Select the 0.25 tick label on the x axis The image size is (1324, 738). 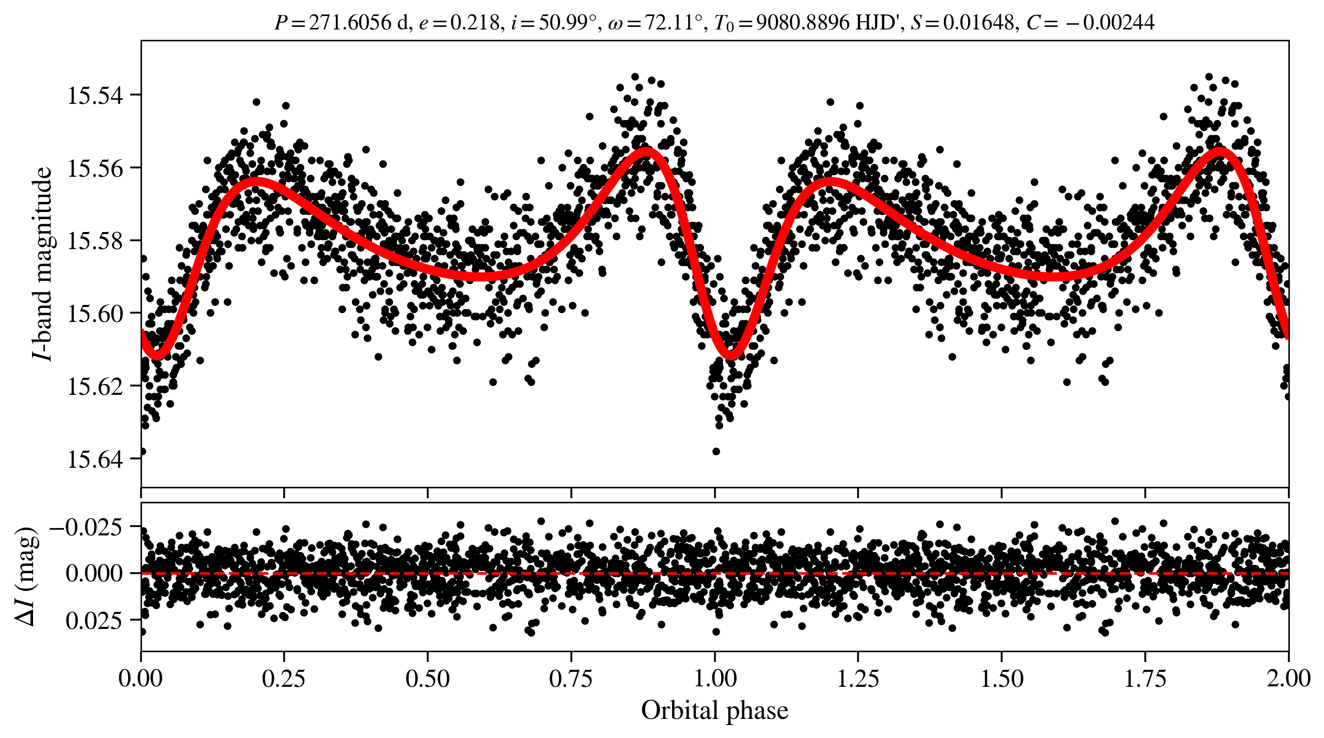tap(284, 679)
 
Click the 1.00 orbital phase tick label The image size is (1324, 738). tap(715, 679)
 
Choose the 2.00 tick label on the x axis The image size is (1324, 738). tap(1288, 679)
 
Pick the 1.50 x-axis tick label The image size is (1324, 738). tap(1002, 679)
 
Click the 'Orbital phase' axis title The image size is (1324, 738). tap(714, 711)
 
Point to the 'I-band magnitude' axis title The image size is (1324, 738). tap(42, 264)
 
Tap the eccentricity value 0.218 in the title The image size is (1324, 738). tap(475, 23)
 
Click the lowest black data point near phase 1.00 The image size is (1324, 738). tap(716, 451)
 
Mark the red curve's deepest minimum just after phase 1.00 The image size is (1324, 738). tap(730, 355)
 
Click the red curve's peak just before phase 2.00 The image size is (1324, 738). tap(1221, 151)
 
